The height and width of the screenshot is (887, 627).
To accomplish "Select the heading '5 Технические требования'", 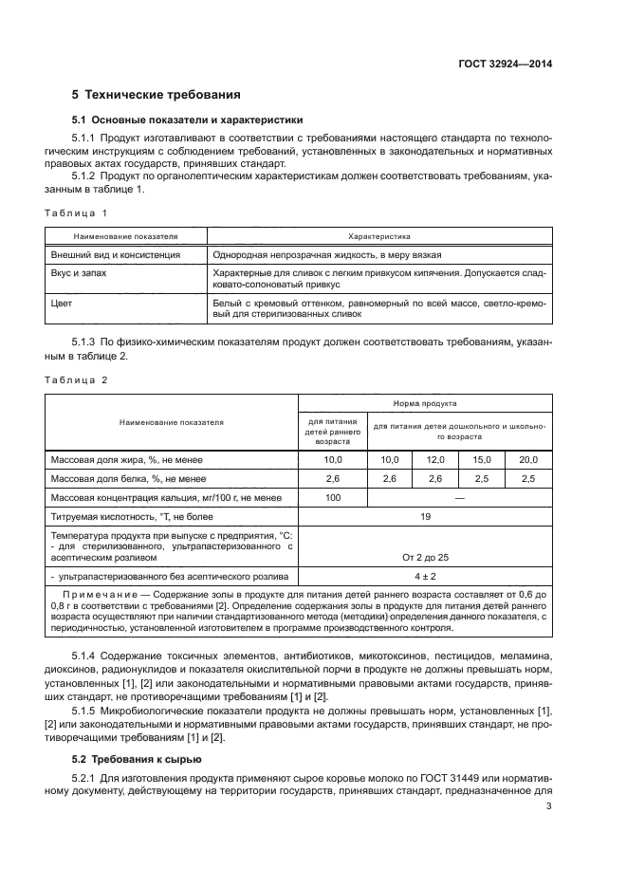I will [x=156, y=95].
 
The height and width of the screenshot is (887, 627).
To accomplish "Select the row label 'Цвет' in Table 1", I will [x=62, y=302].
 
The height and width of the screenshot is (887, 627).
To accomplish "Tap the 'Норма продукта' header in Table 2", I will [x=424, y=403].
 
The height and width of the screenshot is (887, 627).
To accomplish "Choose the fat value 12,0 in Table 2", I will [x=435, y=459].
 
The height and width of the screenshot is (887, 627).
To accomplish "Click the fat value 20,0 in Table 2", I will [x=528, y=459].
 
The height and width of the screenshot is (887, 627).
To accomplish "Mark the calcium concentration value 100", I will [x=333, y=497].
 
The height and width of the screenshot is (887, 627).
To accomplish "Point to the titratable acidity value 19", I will [x=424, y=517].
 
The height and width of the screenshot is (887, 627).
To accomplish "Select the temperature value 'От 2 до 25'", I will [x=424, y=559].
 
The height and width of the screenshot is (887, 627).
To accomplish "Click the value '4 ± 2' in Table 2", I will [x=424, y=576].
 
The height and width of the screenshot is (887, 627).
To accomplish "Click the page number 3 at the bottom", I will [x=548, y=807].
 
